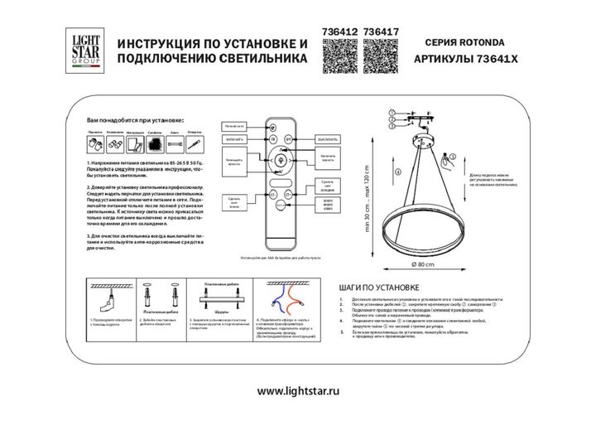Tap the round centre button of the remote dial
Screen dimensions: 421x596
[x=278, y=160]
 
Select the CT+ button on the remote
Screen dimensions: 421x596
[x=288, y=196]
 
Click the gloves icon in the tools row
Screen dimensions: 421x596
[x=94, y=144]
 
